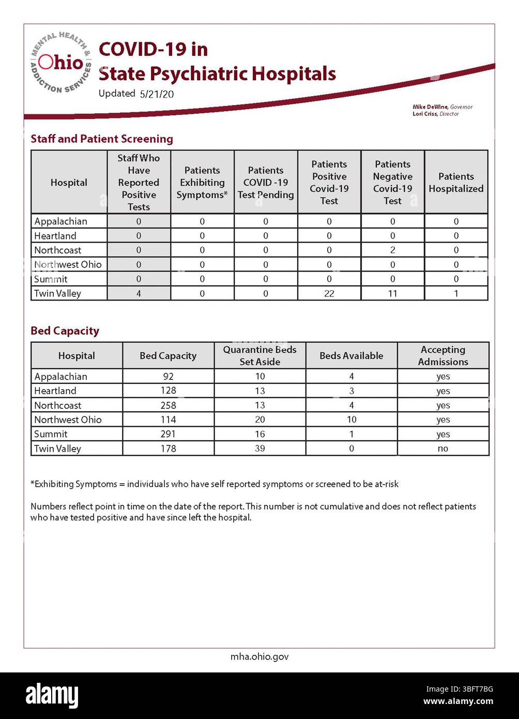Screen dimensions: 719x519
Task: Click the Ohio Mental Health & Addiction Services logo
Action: coord(61,63)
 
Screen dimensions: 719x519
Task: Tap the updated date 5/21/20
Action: coord(157,94)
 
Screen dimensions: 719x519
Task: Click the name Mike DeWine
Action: coord(430,107)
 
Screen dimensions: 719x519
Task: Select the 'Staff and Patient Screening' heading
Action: coord(102,139)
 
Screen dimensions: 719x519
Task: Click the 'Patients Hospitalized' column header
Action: coord(456,183)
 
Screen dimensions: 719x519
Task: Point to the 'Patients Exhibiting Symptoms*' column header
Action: coord(202,183)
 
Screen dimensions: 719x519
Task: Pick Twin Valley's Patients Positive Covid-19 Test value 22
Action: coord(329,293)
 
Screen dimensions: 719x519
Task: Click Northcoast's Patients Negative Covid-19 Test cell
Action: coord(393,250)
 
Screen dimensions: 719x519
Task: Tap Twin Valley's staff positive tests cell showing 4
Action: coord(139,293)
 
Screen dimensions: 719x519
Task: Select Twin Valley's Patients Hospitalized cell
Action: coord(456,293)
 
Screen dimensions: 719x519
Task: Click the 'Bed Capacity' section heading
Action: coord(65,331)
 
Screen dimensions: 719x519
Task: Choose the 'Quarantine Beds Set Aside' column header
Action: coord(259,355)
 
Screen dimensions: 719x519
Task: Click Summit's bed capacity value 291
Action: coord(168,434)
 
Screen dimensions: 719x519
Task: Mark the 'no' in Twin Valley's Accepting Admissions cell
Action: coord(443,448)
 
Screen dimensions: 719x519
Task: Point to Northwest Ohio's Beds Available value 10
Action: coord(352,420)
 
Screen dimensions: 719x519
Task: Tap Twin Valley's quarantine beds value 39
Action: coord(259,448)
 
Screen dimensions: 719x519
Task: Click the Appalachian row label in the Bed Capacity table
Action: coord(60,377)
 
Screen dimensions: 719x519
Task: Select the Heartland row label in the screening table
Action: coord(55,236)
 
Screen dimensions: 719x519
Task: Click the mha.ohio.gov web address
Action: coord(259,656)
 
